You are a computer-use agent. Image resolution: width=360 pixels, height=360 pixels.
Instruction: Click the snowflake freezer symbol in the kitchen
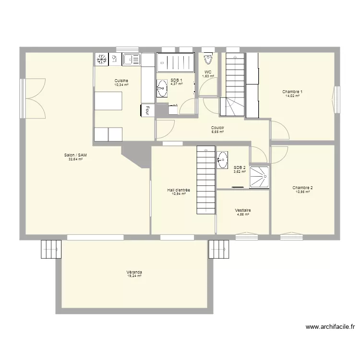pos(101,60)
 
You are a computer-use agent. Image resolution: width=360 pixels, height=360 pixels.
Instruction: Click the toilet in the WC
pos(208,59)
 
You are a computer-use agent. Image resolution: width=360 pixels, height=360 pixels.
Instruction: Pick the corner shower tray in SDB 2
pos(260,178)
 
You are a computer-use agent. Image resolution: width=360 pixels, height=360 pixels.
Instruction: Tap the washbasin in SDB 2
pos(223,160)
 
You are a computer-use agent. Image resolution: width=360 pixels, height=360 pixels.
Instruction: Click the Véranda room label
pos(134,272)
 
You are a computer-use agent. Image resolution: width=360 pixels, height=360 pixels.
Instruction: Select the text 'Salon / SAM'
pos(75,155)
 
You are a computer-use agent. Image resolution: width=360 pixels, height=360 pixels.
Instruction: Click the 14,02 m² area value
pos(292,96)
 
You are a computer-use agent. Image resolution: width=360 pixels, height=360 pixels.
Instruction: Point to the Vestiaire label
pos(243,210)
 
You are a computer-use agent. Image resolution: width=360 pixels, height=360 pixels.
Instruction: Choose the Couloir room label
pos(218,128)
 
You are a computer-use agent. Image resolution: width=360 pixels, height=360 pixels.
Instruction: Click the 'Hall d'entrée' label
pos(179,190)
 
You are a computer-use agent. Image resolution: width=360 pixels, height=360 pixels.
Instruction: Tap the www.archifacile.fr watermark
pos(330,327)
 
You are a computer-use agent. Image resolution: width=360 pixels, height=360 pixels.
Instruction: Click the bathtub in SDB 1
pos(176,62)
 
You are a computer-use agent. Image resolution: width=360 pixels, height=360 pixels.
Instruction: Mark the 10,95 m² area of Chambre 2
pos(302,192)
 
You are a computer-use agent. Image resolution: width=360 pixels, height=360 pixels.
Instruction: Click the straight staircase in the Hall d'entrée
pos(204,180)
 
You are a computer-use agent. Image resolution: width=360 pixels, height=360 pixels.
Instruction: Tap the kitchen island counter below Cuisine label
pos(108,100)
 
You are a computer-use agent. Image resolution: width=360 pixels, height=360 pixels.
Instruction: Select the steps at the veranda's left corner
pos(51,249)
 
